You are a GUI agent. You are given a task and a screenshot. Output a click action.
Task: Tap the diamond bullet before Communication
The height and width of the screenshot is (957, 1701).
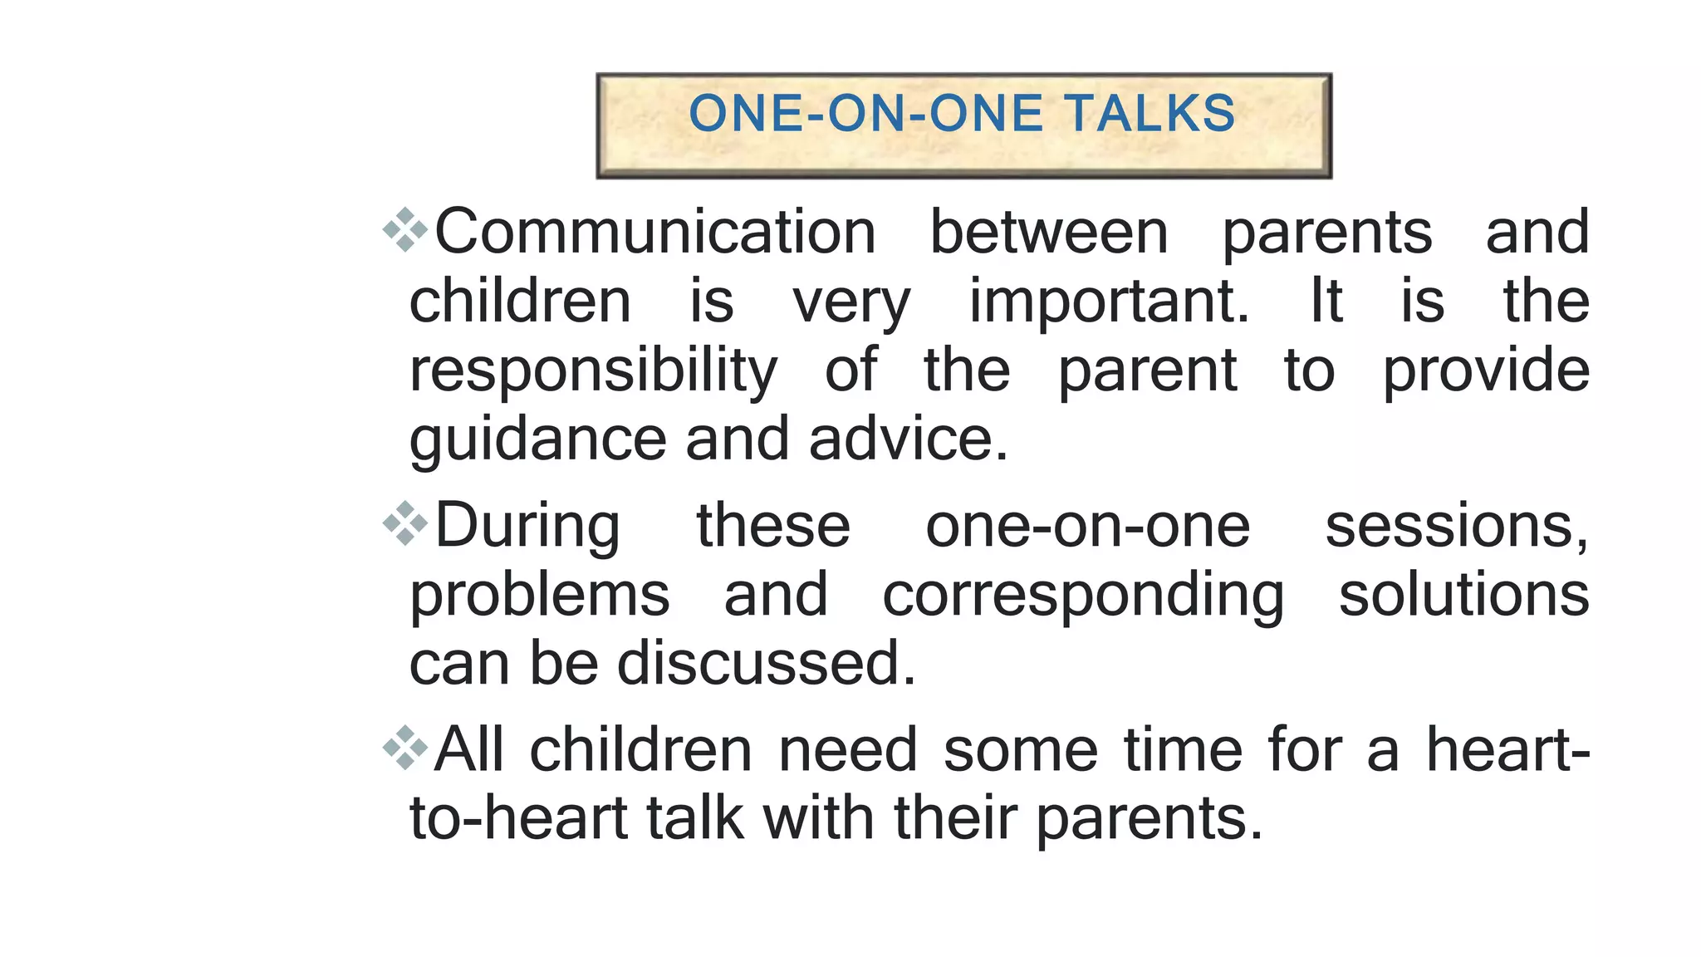coord(404,230)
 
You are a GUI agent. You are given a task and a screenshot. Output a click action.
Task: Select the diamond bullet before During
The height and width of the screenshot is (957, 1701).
coord(404,524)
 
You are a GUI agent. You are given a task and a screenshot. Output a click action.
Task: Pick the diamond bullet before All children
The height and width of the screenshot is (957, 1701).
coord(404,748)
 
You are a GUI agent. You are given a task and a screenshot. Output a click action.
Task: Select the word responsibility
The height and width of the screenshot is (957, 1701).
coord(593,371)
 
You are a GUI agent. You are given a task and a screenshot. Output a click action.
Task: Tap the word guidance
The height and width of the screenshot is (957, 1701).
coord(537,439)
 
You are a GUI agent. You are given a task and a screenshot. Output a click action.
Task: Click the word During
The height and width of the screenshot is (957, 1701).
coord(527,527)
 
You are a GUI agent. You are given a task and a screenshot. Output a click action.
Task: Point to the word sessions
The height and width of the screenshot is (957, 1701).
coord(1456,527)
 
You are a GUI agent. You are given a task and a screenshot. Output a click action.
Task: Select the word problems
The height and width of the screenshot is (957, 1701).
coord(539,596)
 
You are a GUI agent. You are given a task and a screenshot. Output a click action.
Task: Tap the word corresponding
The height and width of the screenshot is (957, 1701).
coord(1083,596)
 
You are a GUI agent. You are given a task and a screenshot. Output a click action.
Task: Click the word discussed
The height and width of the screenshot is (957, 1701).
coord(766,663)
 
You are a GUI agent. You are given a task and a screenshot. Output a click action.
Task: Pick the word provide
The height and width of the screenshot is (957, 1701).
coord(1486,371)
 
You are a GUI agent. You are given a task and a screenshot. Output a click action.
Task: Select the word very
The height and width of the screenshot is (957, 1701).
coord(851,302)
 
